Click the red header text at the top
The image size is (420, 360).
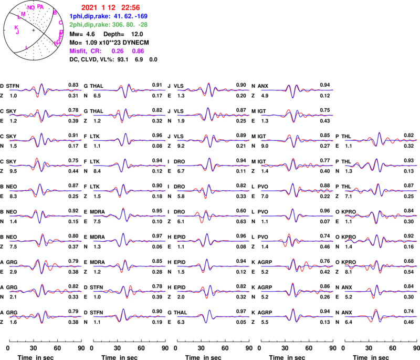(x=111, y=8)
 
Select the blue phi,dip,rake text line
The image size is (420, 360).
(x=108, y=16)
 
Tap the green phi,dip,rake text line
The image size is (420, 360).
(x=108, y=25)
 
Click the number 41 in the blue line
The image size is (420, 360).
(x=117, y=16)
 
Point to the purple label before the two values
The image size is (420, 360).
(x=85, y=52)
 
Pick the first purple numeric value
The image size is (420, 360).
(x=117, y=52)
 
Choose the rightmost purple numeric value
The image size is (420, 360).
(x=138, y=52)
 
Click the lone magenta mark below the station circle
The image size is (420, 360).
(x=26, y=48)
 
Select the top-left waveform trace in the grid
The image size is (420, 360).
(x=45, y=90)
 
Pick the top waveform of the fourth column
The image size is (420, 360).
(x=297, y=90)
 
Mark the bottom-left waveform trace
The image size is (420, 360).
(x=45, y=317)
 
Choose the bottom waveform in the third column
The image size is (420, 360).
(x=213, y=317)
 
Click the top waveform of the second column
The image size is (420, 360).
(x=129, y=90)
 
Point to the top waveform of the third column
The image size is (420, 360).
(x=213, y=90)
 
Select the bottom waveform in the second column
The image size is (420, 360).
(x=129, y=317)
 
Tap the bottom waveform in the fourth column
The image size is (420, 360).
(x=297, y=317)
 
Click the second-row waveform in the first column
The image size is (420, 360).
(x=45, y=115)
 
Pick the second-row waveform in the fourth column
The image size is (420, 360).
(x=297, y=115)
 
